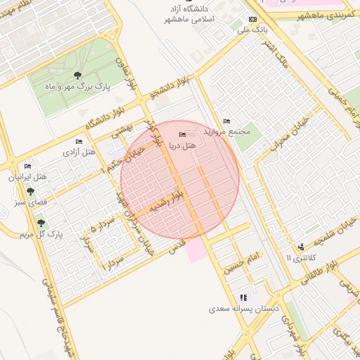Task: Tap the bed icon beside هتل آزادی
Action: click(x=79, y=141)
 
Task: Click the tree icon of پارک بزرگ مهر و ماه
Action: click(x=77, y=75)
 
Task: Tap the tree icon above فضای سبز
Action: click(x=30, y=191)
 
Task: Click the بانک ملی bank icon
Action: click(x=252, y=19)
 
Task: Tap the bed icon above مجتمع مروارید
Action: click(x=226, y=121)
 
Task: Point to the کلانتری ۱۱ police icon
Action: click(x=301, y=247)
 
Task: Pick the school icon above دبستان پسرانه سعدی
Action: click(x=243, y=297)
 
